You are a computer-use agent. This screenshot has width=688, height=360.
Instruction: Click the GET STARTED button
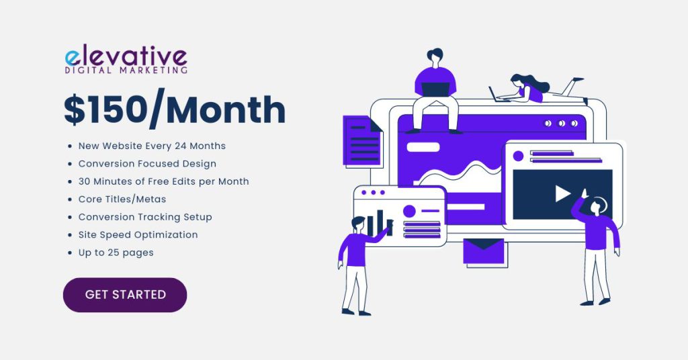125,295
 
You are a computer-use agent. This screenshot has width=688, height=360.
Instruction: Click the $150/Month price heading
175,109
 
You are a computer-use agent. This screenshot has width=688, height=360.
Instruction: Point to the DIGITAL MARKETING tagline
126,70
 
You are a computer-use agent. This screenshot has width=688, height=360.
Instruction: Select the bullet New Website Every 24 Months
152,146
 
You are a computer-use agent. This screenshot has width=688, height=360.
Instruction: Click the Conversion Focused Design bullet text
147,163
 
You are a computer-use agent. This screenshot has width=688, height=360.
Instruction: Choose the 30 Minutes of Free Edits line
163,181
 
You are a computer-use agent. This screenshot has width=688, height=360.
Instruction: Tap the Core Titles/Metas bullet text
122,199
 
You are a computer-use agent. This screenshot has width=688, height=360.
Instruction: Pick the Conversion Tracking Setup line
145,217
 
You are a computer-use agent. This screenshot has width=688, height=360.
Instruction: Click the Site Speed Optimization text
138,235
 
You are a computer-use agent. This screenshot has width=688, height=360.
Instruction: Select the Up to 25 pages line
116,253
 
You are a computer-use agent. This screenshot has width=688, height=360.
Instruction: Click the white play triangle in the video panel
562,194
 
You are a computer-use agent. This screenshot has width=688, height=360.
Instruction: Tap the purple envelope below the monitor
483,251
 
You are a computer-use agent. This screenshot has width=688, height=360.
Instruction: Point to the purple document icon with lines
362,140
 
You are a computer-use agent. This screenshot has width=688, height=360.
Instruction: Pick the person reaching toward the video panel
597,249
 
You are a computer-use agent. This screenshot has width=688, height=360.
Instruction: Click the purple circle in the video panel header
518,156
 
